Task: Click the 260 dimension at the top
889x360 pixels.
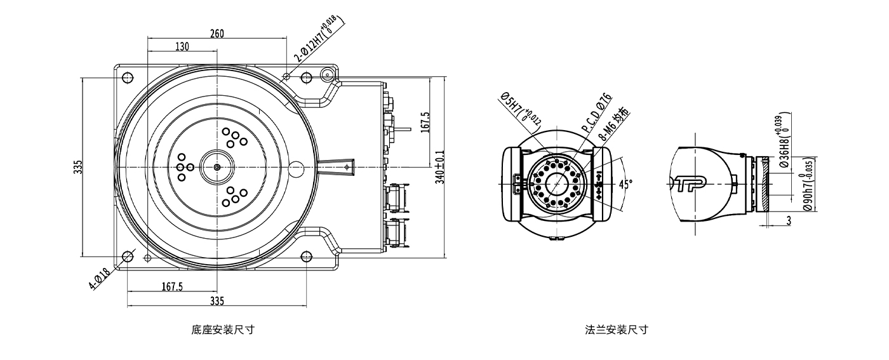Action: (217, 34)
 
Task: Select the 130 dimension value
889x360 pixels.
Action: (182, 46)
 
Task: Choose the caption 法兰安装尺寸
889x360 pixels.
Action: (617, 330)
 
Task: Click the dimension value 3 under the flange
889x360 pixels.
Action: (788, 220)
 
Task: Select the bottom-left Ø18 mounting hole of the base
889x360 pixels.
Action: (127, 257)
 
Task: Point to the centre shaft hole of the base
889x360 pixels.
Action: (217, 167)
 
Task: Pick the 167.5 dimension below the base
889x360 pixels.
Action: (172, 286)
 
